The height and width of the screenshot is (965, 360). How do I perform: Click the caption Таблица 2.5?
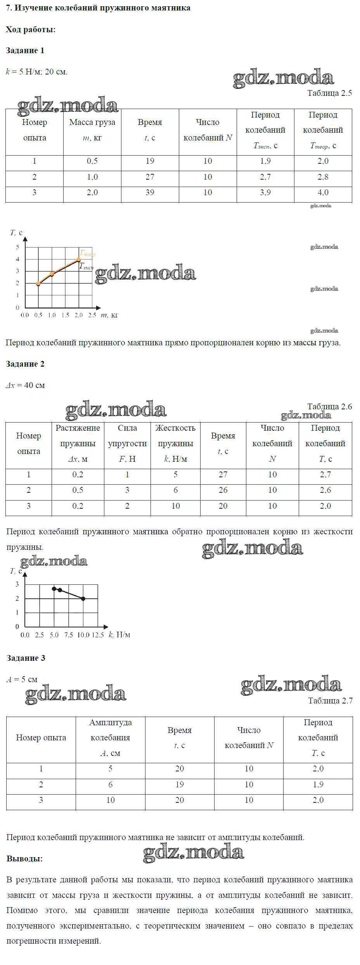(x=329, y=93)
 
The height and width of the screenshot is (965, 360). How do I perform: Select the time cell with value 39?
(x=150, y=192)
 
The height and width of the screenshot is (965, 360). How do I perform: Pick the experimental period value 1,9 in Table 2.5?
(x=265, y=161)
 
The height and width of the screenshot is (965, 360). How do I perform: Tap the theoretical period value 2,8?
(x=323, y=177)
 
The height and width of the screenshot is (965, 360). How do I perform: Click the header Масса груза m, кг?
(x=92, y=130)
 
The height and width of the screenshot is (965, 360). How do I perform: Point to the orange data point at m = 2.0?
(x=79, y=259)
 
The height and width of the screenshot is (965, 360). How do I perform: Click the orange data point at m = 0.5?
(x=38, y=284)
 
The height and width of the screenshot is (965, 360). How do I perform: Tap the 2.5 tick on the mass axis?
(x=92, y=315)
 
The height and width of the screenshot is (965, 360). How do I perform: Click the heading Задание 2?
(x=25, y=364)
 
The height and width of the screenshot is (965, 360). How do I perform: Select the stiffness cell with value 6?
(x=175, y=490)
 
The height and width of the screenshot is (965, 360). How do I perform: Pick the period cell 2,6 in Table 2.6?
(x=325, y=490)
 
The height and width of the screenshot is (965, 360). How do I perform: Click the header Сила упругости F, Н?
(x=127, y=444)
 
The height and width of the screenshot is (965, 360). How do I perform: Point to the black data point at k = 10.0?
(x=83, y=599)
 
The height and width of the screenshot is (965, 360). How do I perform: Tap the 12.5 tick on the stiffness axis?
(x=98, y=635)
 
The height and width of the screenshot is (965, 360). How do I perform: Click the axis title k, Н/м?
(x=119, y=635)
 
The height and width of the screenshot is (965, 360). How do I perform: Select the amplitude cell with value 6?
(x=111, y=785)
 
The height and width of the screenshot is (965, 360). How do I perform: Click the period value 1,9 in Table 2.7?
(x=318, y=785)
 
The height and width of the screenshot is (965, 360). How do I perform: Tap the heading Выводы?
(x=24, y=859)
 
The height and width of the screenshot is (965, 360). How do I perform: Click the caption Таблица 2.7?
(x=330, y=700)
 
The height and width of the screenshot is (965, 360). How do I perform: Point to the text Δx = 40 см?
(x=25, y=385)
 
